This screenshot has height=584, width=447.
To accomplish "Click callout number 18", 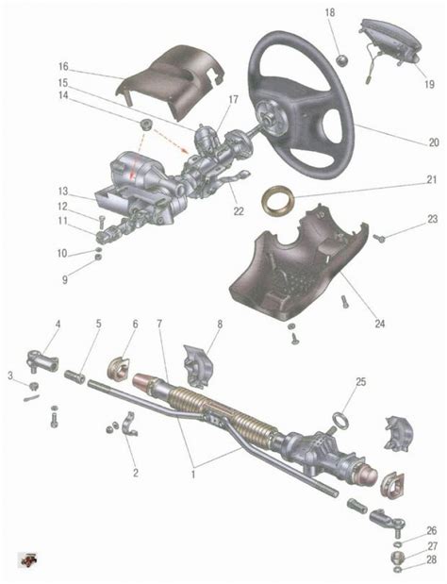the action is pos(330,13).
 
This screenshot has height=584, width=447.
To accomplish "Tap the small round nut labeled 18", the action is pos(341,60).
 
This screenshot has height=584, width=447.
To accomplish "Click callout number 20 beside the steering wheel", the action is pos(434,142).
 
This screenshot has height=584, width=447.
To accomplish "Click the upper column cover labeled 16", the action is pos(170,80).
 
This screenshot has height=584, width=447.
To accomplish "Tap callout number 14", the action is pos(63,95).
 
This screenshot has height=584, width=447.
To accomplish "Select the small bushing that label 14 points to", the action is pos(145,124).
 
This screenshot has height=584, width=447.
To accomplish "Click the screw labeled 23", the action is pos(379,237).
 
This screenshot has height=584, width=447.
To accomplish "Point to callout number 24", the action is pos(379,324).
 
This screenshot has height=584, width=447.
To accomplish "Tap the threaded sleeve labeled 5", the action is pos(74,375).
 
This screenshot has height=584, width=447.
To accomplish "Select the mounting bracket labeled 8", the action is pos(198,366).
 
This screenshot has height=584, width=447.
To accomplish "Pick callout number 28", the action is pos(431,559).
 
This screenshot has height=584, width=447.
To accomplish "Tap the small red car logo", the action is pos(28,559).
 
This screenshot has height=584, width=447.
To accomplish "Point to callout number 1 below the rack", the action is pos(193,475).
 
